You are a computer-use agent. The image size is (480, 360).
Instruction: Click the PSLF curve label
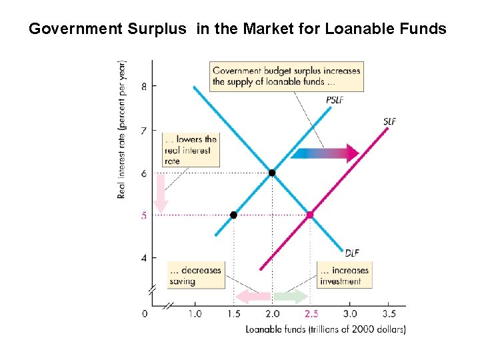(335, 100)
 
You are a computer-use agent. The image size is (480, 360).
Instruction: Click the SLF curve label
(391, 121)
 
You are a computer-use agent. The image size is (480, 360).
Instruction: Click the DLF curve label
(352, 252)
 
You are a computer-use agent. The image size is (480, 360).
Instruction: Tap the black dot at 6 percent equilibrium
(271, 173)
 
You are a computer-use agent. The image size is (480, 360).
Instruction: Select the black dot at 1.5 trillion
(233, 215)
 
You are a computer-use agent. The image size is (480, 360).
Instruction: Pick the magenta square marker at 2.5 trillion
(310, 215)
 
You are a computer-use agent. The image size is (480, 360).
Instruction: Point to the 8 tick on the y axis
(144, 86)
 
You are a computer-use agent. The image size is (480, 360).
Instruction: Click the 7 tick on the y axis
(144, 130)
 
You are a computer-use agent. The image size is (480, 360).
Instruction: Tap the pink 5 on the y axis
(144, 215)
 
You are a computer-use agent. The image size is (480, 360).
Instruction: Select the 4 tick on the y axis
(144, 258)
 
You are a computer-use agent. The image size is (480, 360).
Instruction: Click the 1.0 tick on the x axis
(195, 313)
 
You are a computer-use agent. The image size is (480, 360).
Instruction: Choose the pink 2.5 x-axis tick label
(311, 313)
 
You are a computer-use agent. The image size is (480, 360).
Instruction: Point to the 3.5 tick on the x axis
(389, 313)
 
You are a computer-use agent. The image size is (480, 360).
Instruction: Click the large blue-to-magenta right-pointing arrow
(325, 153)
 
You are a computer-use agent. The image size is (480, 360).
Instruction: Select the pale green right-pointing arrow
(291, 297)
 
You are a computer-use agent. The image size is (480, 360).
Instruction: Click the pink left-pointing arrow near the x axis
(254, 297)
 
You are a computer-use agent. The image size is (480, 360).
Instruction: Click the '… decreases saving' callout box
(195, 275)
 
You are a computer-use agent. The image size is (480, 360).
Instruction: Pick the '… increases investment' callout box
(344, 275)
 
